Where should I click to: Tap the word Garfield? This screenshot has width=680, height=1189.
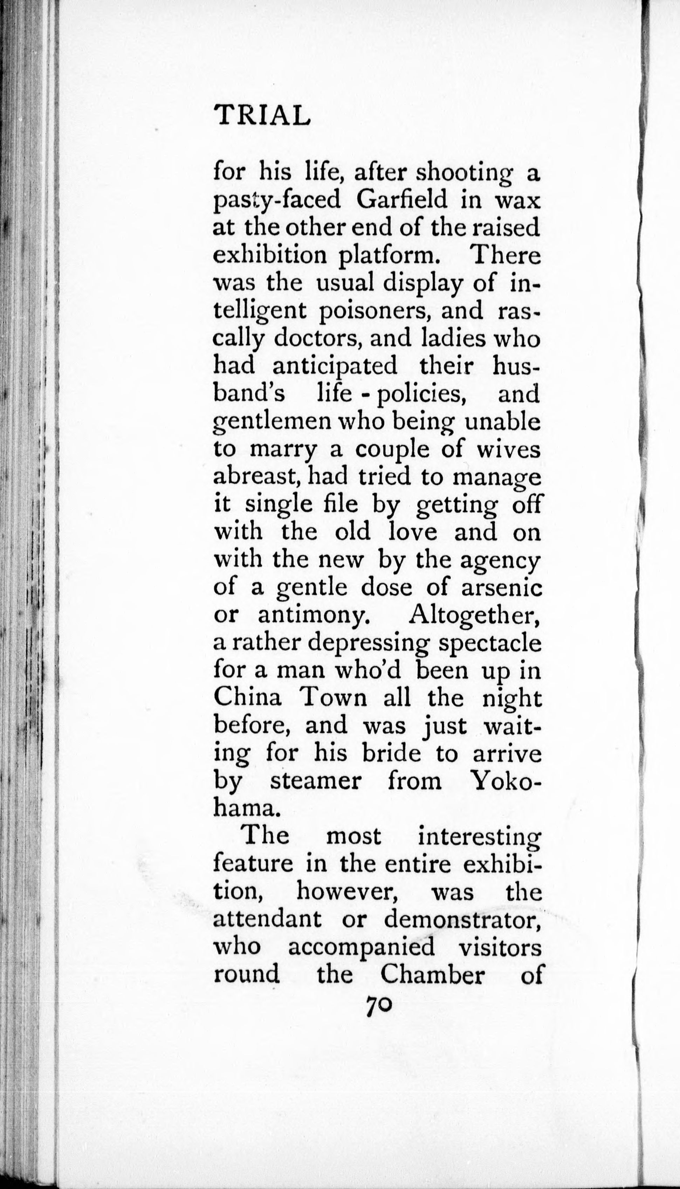(x=401, y=200)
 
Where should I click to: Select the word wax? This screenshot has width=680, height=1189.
(x=516, y=200)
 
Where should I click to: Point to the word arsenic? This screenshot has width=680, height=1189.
(x=502, y=587)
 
